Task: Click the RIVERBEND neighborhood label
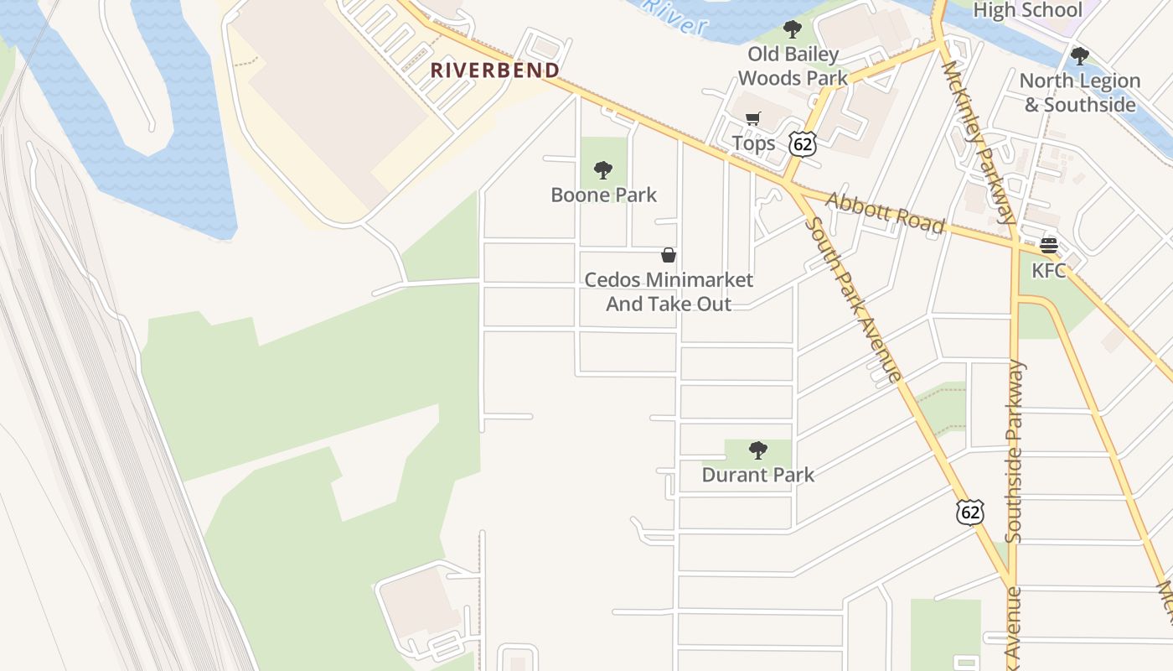click(x=495, y=70)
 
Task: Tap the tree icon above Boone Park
click(x=602, y=171)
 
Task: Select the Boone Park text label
click(x=603, y=195)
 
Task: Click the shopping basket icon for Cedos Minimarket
click(x=669, y=255)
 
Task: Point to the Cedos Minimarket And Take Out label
click(x=669, y=292)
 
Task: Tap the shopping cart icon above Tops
click(x=753, y=119)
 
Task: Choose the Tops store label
click(x=753, y=143)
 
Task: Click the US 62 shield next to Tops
click(x=802, y=144)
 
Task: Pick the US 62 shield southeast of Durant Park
click(x=970, y=512)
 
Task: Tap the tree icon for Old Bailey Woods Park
click(x=792, y=30)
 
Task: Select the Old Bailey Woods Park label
click(x=793, y=66)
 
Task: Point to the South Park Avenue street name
click(x=853, y=299)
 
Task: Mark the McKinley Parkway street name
click(x=978, y=143)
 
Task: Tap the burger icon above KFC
click(x=1048, y=246)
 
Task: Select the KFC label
click(x=1048, y=270)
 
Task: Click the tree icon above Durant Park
click(x=757, y=450)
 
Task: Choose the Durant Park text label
click(x=757, y=475)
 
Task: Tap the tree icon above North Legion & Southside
click(x=1080, y=56)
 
